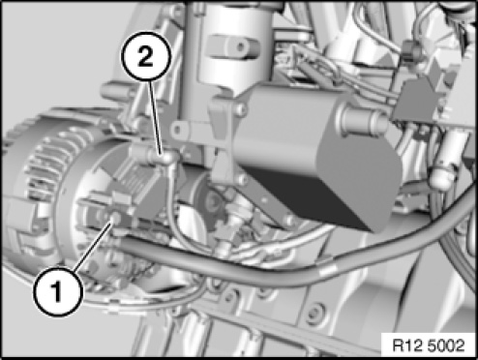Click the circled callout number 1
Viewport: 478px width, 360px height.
(x=58, y=291)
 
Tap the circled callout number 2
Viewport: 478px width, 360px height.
(x=145, y=56)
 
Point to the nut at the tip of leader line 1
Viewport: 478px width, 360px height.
(x=114, y=219)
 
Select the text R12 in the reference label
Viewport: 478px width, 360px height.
(x=406, y=345)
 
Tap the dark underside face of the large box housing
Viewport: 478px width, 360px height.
(x=310, y=196)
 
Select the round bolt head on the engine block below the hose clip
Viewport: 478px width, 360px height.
(x=314, y=313)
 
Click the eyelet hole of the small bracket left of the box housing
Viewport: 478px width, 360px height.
(x=176, y=131)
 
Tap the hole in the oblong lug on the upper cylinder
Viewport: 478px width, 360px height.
(x=241, y=47)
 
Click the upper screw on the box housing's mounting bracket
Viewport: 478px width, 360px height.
(x=240, y=109)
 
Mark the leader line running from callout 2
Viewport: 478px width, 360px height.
(x=155, y=117)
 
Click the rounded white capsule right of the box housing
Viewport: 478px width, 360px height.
(x=443, y=177)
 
